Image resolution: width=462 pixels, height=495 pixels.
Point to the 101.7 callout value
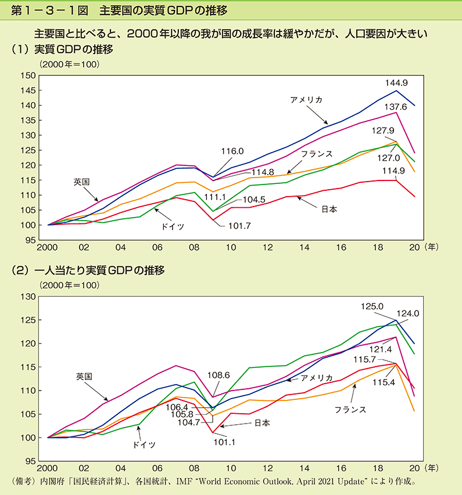pyautogui.click(x=239, y=226)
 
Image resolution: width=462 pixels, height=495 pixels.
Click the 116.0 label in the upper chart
pyautogui.click(x=232, y=151)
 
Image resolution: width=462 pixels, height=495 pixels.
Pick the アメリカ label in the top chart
pyautogui.click(x=306, y=100)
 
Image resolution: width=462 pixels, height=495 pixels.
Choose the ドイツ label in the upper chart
pyautogui.click(x=173, y=226)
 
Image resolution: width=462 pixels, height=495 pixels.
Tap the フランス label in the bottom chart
pyautogui.click(x=350, y=410)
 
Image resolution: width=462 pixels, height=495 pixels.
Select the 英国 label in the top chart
pyautogui.click(x=81, y=182)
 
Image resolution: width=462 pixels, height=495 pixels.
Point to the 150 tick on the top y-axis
pyautogui.click(x=27, y=75)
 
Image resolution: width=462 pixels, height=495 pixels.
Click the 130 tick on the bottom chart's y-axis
pyautogui.click(x=27, y=297)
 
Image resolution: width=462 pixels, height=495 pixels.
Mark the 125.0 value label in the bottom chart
pyautogui.click(x=373, y=306)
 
